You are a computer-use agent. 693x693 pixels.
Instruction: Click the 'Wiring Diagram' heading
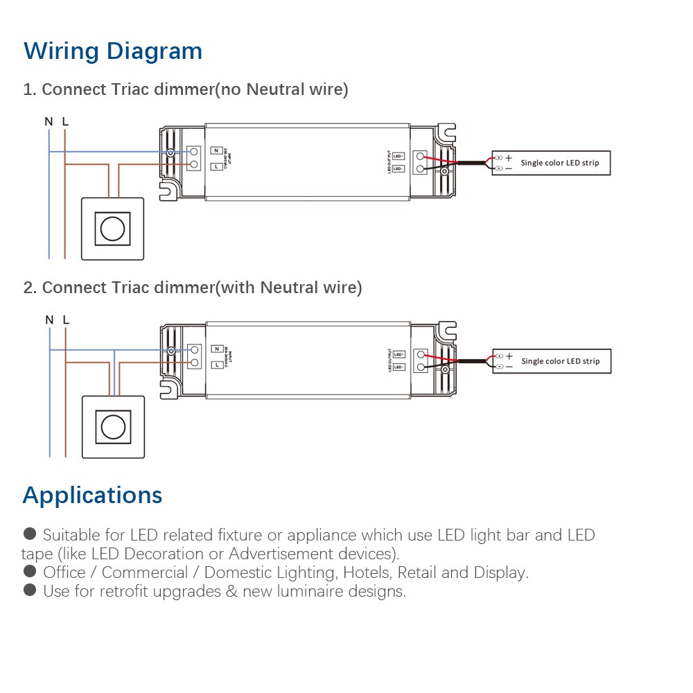[x=113, y=51]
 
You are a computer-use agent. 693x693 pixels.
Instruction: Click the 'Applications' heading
[x=92, y=495]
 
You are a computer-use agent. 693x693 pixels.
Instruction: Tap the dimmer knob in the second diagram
[x=112, y=427]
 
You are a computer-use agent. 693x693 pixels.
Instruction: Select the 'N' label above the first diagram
[x=49, y=122]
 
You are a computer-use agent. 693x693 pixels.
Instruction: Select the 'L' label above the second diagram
[x=66, y=320]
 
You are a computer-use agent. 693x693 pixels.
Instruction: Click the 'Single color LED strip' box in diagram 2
[x=552, y=361]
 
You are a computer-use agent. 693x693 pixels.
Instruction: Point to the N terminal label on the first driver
[x=217, y=151]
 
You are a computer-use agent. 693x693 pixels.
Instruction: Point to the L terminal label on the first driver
[x=217, y=166]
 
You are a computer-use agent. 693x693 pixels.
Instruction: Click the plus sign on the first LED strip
[x=509, y=158]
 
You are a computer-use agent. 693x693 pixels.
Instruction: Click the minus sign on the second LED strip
[x=509, y=366]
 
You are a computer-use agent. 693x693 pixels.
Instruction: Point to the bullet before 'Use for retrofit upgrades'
[x=29, y=590]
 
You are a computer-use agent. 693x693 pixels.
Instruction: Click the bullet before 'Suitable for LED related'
[x=29, y=534]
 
